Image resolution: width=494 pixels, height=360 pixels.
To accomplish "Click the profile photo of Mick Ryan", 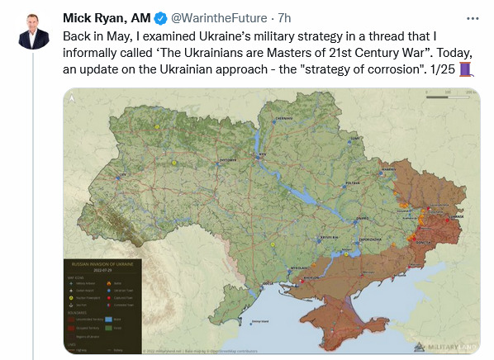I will [33, 33].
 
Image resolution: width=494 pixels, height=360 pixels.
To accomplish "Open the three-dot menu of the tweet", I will [472, 17].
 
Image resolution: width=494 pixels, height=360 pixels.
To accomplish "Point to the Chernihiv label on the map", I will [285, 119].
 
